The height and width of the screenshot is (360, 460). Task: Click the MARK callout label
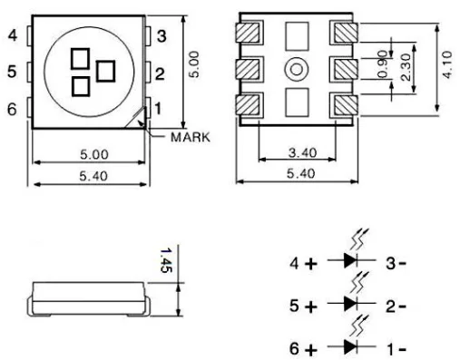tap(190, 137)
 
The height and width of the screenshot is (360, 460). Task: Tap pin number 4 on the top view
tap(13, 35)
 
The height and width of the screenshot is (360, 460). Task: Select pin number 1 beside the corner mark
tap(158, 109)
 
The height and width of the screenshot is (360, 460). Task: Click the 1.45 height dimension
tap(166, 260)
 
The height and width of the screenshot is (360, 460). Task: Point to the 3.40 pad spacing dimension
tap(302, 153)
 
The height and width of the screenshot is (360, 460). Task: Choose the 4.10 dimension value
tap(447, 65)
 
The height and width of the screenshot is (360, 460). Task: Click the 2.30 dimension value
tap(406, 67)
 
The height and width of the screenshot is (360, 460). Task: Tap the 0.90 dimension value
tap(383, 64)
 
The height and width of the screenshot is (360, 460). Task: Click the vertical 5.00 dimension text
tap(194, 64)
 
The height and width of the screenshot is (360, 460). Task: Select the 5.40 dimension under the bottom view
tap(301, 173)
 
